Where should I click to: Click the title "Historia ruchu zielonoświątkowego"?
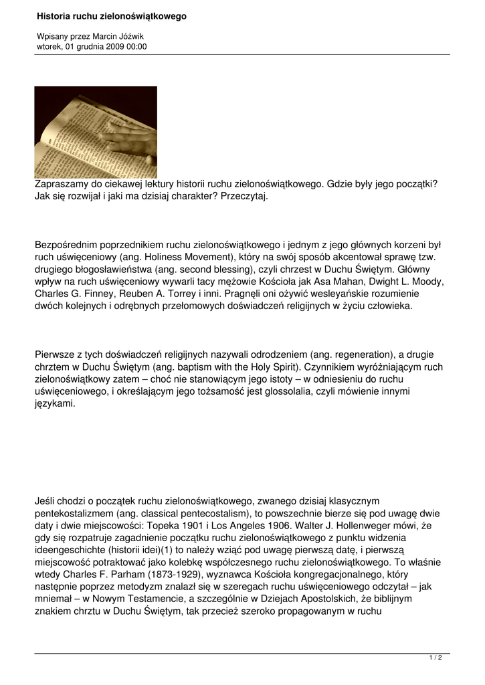(x=112, y=15)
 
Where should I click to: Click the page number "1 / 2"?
(x=435, y=658)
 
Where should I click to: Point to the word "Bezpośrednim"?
(x=66, y=245)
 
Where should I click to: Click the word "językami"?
(x=55, y=404)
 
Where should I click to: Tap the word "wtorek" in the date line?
(x=50, y=47)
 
